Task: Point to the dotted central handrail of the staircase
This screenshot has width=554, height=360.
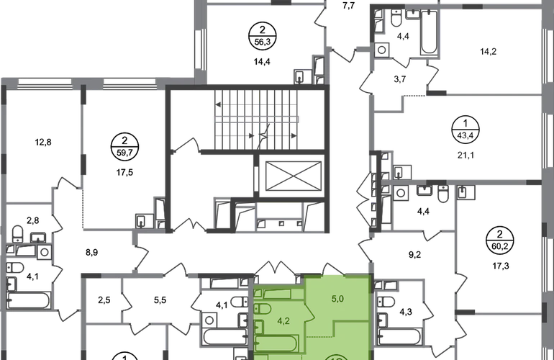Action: (256, 117)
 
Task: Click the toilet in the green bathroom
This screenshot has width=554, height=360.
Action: (260, 311)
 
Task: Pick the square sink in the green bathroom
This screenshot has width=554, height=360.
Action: (260, 334)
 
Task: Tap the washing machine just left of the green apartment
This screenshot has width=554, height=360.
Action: (235, 296)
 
